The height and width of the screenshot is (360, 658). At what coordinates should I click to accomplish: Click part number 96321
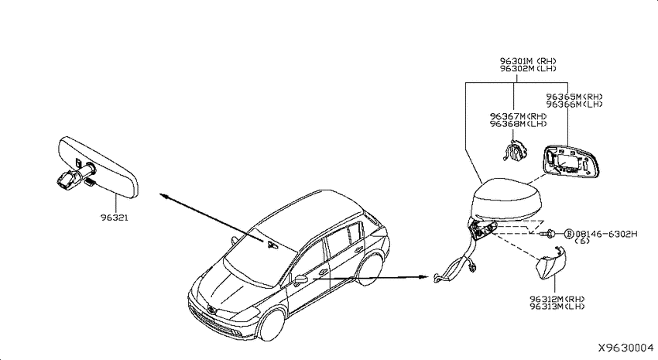(x=114, y=218)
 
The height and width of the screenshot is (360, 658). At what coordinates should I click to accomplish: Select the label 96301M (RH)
(x=527, y=61)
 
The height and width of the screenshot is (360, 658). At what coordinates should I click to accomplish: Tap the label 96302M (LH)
(x=527, y=68)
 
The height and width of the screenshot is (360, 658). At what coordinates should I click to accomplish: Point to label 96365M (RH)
(x=574, y=97)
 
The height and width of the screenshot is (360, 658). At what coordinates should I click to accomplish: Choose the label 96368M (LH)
(x=518, y=124)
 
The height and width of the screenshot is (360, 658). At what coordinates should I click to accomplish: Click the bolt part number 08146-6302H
(x=606, y=234)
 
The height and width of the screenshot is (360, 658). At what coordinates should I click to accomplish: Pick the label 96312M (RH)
(x=557, y=299)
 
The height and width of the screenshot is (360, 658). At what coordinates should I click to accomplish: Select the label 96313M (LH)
(x=557, y=307)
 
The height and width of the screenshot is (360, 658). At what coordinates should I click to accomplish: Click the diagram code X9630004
(x=625, y=348)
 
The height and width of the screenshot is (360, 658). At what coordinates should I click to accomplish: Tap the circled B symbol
(x=569, y=233)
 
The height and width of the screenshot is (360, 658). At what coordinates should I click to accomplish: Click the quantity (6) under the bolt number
(x=582, y=241)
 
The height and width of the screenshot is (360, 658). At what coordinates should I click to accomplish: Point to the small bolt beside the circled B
(x=549, y=233)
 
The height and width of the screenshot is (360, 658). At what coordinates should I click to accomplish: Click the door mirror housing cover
(x=505, y=198)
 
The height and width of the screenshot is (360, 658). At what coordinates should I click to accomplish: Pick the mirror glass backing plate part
(x=571, y=162)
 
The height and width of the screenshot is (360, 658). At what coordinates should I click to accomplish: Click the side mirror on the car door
(x=300, y=279)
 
